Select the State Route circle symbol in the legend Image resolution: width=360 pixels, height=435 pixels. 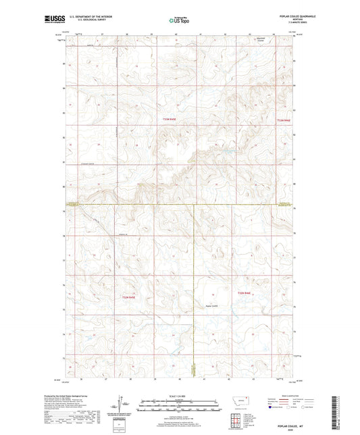[304, 407]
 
